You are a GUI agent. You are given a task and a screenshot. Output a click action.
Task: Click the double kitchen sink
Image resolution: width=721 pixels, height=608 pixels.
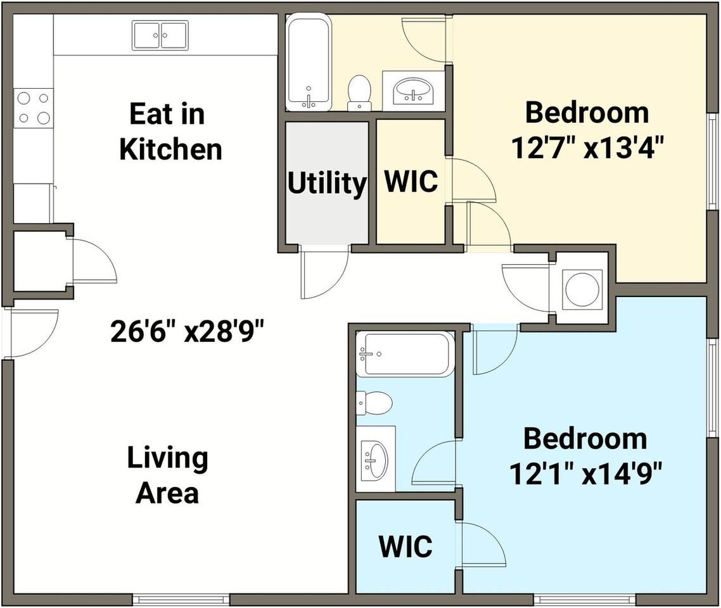[x=160, y=35]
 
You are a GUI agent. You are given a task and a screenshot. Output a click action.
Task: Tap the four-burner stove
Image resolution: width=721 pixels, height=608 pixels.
[x=33, y=108]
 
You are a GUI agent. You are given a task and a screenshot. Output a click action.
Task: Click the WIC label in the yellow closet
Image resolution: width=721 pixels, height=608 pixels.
[x=411, y=181]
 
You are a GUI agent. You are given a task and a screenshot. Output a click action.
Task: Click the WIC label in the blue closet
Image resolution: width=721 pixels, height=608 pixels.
[x=405, y=546]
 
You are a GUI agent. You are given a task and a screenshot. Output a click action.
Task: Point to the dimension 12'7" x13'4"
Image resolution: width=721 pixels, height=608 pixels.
[x=588, y=148]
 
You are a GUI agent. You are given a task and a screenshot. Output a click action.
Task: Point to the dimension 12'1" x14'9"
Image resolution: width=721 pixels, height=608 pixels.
[x=586, y=474]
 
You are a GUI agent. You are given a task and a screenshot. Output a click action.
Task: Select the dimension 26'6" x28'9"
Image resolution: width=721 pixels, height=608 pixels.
[x=188, y=331]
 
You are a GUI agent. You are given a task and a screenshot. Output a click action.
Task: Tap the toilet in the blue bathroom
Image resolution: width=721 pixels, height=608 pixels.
[x=374, y=403]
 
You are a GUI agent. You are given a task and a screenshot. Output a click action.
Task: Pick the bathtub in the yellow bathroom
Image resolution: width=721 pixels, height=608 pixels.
[x=308, y=63]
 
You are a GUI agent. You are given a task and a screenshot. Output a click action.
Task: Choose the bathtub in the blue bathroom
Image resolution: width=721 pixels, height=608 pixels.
[x=405, y=354]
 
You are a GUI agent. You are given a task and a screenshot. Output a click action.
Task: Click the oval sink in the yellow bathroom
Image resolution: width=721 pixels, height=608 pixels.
[x=413, y=91]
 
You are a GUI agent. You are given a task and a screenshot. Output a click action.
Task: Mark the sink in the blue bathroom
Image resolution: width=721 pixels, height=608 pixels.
[x=375, y=460]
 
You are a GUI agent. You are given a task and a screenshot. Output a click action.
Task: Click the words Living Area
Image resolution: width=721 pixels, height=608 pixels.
[x=167, y=476]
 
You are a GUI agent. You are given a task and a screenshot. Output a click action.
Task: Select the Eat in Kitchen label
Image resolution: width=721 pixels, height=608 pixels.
[x=170, y=132]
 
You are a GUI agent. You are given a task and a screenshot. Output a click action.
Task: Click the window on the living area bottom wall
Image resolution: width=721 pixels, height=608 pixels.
[x=181, y=600]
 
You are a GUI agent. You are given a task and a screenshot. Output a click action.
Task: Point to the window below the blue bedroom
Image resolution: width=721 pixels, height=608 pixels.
[x=585, y=600]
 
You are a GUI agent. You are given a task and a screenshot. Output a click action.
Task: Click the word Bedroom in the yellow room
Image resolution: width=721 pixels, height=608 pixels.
[x=587, y=113]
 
